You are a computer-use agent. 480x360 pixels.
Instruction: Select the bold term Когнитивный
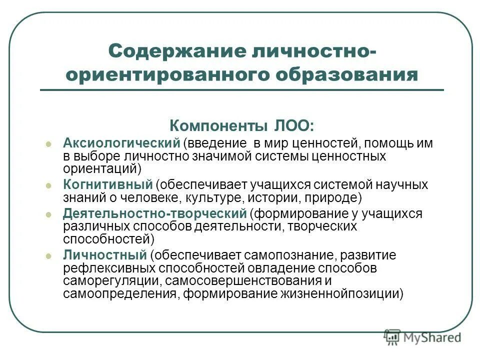pos(107,184)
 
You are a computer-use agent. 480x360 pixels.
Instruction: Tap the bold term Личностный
pos(104,255)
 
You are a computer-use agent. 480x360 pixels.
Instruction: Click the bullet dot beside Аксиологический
pos(48,143)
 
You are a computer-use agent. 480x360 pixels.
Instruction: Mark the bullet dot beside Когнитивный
pos(48,185)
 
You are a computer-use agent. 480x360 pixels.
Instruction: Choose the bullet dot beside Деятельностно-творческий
pos(48,214)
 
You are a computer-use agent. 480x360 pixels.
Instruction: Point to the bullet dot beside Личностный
pos(48,256)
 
